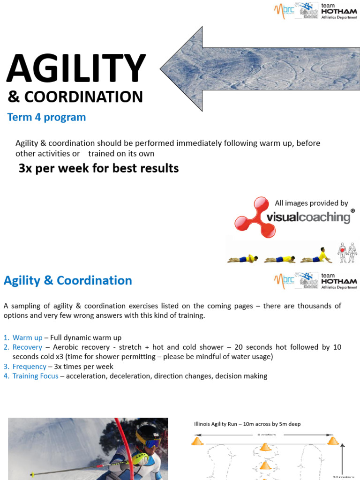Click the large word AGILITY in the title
(x=76, y=69)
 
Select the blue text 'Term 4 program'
(x=46, y=117)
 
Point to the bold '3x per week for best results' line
(x=98, y=168)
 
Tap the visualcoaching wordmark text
(x=308, y=217)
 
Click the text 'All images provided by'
(x=311, y=203)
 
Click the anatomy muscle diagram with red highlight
(x=347, y=253)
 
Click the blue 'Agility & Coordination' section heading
(x=68, y=281)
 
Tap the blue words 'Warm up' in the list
(x=27, y=337)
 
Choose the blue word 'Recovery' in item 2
(x=27, y=347)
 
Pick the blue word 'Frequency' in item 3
(x=29, y=367)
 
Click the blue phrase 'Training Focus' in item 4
(x=35, y=376)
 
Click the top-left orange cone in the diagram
(x=197, y=441)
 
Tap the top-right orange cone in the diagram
(x=333, y=441)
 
